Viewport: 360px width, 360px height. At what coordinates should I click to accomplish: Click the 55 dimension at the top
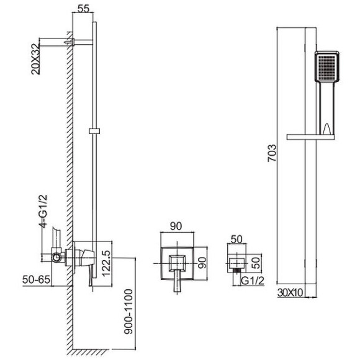(x=83, y=9)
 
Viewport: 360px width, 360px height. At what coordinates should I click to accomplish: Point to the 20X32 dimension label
(x=35, y=59)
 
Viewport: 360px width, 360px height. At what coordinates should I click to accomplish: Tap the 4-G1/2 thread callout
(x=43, y=211)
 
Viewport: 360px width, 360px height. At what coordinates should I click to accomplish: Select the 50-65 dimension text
(x=36, y=280)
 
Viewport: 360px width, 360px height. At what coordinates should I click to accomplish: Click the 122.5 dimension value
(x=106, y=263)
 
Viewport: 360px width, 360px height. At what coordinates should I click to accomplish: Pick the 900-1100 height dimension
(x=128, y=312)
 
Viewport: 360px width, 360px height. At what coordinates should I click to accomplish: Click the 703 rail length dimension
(x=272, y=153)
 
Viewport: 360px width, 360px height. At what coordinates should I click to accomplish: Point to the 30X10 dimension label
(x=290, y=293)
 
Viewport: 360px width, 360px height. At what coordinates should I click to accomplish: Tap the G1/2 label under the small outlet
(x=253, y=281)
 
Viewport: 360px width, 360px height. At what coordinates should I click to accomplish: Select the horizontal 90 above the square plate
(x=176, y=226)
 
